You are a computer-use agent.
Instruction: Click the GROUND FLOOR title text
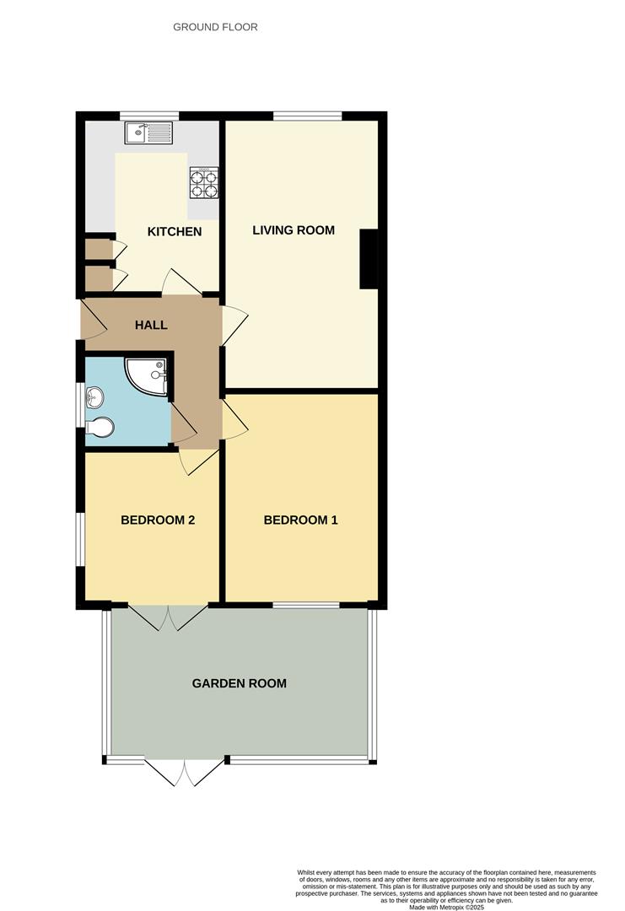tap(215, 27)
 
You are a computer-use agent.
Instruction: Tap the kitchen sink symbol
tap(148, 132)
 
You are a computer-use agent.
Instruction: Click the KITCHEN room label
tap(175, 231)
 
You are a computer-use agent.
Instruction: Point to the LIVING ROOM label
tap(294, 229)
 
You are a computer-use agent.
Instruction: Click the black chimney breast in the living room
tap(369, 260)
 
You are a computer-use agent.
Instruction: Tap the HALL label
tap(151, 325)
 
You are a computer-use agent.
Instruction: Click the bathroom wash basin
tap(94, 396)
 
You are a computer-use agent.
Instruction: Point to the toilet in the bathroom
tap(99, 429)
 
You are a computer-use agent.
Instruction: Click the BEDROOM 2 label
tap(158, 520)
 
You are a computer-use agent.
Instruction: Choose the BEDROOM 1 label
tap(300, 520)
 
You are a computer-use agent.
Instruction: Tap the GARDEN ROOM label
tap(239, 683)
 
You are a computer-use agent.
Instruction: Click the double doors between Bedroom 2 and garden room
tap(169, 618)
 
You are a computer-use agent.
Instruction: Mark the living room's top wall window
tap(307, 116)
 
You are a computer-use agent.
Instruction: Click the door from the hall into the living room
tap(234, 325)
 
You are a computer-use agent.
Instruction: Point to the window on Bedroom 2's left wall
tap(80, 539)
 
